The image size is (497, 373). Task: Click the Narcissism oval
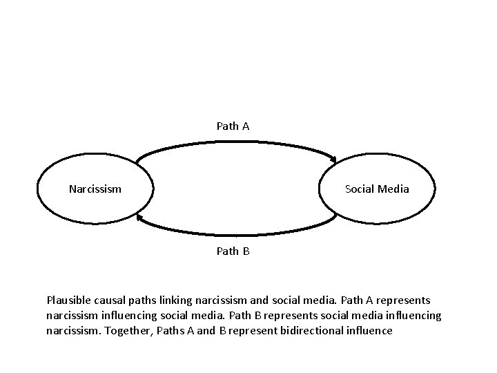tap(95, 188)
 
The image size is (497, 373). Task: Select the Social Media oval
tap(377, 188)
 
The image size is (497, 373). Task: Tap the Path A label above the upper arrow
tap(233, 126)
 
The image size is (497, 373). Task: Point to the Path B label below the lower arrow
tap(233, 251)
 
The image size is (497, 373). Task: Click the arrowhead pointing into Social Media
tap(333, 160)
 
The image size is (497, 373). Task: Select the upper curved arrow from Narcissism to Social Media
tap(235, 142)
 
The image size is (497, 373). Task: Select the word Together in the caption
tap(128, 331)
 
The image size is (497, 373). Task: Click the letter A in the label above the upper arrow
tap(245, 126)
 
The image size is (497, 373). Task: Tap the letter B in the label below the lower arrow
tap(245, 251)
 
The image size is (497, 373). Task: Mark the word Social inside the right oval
tap(360, 189)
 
